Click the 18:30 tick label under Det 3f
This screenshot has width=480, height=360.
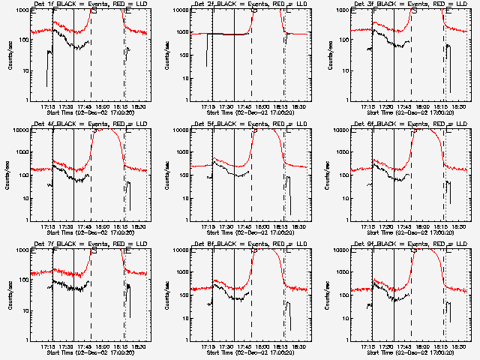pos(460,107)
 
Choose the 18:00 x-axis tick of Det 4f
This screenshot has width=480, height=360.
pos(102,227)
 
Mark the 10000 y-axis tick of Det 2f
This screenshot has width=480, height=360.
pos(176,10)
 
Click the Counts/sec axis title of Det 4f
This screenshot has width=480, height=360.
pos(10,174)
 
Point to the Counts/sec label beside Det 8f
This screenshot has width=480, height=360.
pos(169,294)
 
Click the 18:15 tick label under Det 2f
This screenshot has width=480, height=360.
pos(282,107)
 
